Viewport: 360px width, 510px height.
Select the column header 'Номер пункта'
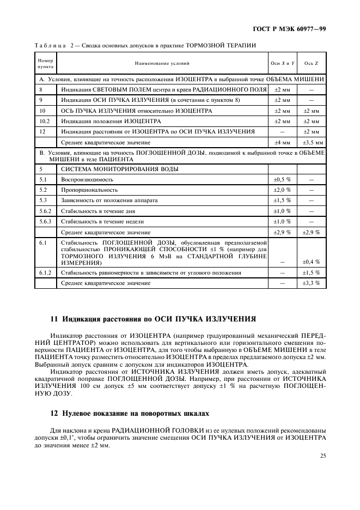pyautogui.click(x=45, y=64)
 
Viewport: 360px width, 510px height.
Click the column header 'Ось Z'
pyautogui.click(x=311, y=64)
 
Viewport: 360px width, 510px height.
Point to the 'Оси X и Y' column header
pyautogui.click(x=282, y=64)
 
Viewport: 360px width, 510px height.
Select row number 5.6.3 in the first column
pyautogui.click(x=45, y=221)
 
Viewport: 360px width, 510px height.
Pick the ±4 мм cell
pyautogui.click(x=282, y=142)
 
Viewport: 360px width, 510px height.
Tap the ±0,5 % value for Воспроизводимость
pyautogui.click(x=282, y=179)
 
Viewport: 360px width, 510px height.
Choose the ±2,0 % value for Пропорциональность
pyautogui.click(x=282, y=190)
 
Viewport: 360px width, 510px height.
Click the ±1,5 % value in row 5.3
pyautogui.click(x=282, y=200)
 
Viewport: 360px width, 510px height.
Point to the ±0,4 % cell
pyautogui.click(x=311, y=262)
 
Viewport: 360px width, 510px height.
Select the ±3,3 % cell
pyautogui.click(x=311, y=283)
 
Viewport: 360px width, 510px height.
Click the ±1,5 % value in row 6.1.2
pyautogui.click(x=311, y=272)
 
